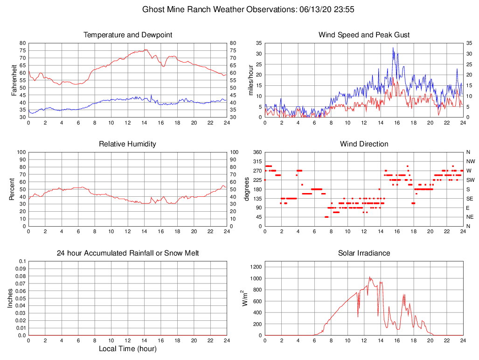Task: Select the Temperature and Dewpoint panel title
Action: pos(128,35)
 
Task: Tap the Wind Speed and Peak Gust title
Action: pos(364,35)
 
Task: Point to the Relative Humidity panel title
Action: pos(128,144)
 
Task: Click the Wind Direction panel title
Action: pos(364,144)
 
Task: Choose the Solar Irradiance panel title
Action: pos(364,253)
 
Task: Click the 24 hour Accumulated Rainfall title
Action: pos(128,253)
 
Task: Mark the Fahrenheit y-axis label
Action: pos(14,80)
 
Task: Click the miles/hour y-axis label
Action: pos(251,80)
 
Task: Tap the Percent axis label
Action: pos(12,189)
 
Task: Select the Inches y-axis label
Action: pos(10,298)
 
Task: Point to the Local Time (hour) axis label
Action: pos(128,349)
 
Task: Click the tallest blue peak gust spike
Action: pos(393,48)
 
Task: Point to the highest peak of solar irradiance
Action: pos(369,277)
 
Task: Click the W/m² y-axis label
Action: pos(244,298)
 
